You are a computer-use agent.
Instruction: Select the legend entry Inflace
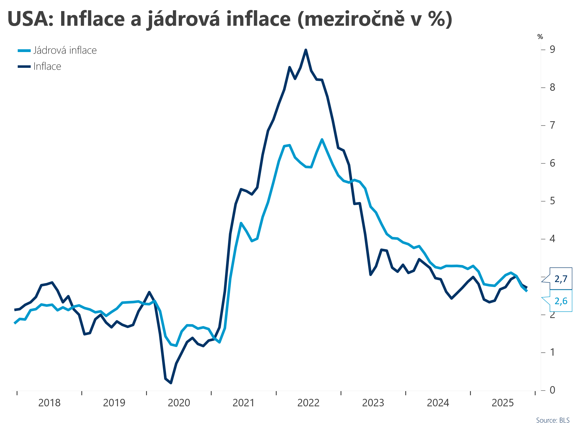point(47,66)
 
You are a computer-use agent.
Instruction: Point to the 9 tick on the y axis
point(552,49)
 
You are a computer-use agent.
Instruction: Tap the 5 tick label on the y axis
point(552,201)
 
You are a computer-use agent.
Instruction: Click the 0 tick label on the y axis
point(552,390)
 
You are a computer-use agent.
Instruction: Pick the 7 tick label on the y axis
point(552,125)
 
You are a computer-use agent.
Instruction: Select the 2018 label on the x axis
point(49,403)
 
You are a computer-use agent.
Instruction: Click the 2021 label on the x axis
point(243,403)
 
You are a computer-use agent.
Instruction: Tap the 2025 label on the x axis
point(502,403)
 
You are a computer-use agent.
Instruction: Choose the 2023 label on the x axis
point(373,403)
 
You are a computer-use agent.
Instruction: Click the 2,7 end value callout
point(561,279)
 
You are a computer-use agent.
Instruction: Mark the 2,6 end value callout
point(561,301)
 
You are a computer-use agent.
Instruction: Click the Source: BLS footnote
point(552,420)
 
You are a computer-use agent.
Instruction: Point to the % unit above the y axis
point(540,37)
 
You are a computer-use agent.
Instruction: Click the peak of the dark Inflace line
point(306,50)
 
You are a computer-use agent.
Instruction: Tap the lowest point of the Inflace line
point(171,383)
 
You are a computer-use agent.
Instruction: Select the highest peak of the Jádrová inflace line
point(322,139)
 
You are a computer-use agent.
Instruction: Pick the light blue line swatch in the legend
point(24,51)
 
